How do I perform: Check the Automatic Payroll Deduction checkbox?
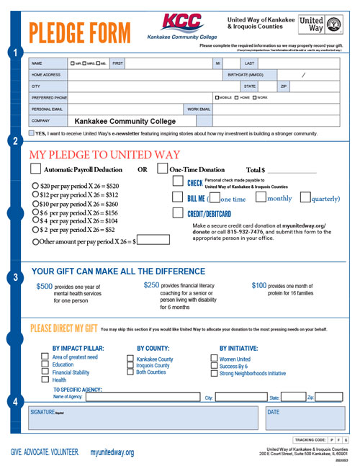35,169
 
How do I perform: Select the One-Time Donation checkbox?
162,169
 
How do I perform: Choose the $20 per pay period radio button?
36,185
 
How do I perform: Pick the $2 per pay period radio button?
36,229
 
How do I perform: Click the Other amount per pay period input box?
149,242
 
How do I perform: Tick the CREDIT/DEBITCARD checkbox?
178,213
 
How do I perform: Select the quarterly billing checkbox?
305,198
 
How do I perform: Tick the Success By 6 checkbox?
215,366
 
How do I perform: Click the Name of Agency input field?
141,397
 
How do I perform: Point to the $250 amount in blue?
151,285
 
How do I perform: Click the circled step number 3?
16,277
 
